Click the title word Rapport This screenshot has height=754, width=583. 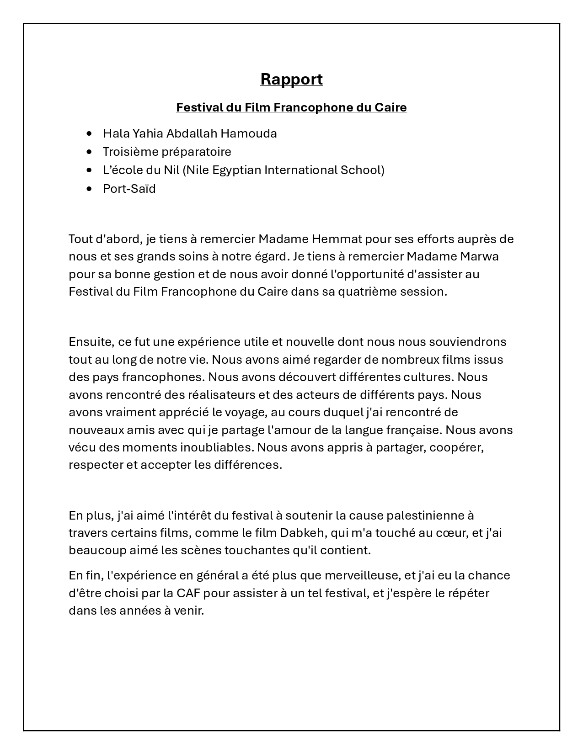pos(291,79)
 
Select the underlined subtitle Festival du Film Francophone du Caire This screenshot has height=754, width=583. pos(291,107)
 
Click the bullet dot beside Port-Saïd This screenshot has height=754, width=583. pos(89,189)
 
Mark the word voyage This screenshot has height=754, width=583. pos(245,413)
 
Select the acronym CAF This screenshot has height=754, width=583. pos(187,593)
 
